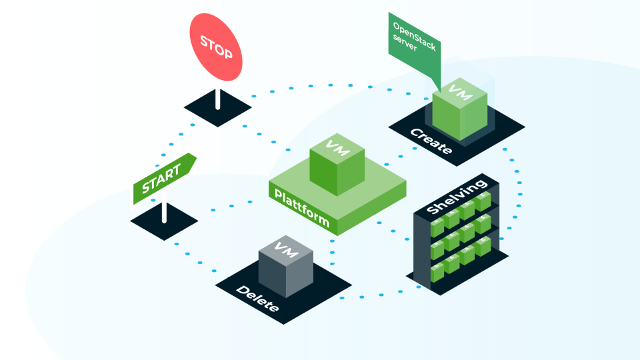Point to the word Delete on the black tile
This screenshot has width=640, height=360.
click(x=257, y=300)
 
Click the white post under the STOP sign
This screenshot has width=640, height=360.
click(x=217, y=98)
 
